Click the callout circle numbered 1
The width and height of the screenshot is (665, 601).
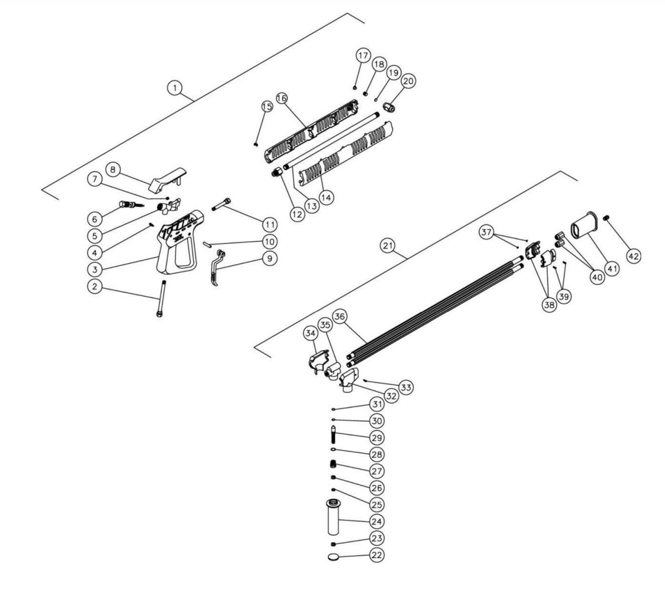point(175,88)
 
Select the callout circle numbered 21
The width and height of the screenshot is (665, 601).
point(388,245)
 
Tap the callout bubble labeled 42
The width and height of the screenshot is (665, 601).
point(633,256)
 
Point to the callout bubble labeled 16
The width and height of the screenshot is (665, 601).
point(282,98)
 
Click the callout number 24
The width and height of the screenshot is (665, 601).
point(377,521)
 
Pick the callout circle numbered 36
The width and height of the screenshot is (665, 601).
point(353,316)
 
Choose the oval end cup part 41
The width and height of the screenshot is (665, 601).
point(583,229)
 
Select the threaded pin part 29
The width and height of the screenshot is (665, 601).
point(333,436)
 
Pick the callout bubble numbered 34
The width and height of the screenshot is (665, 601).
point(311,335)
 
